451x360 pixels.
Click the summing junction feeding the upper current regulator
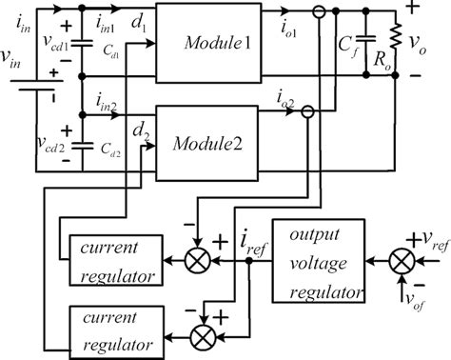198,258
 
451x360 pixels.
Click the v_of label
412,304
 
